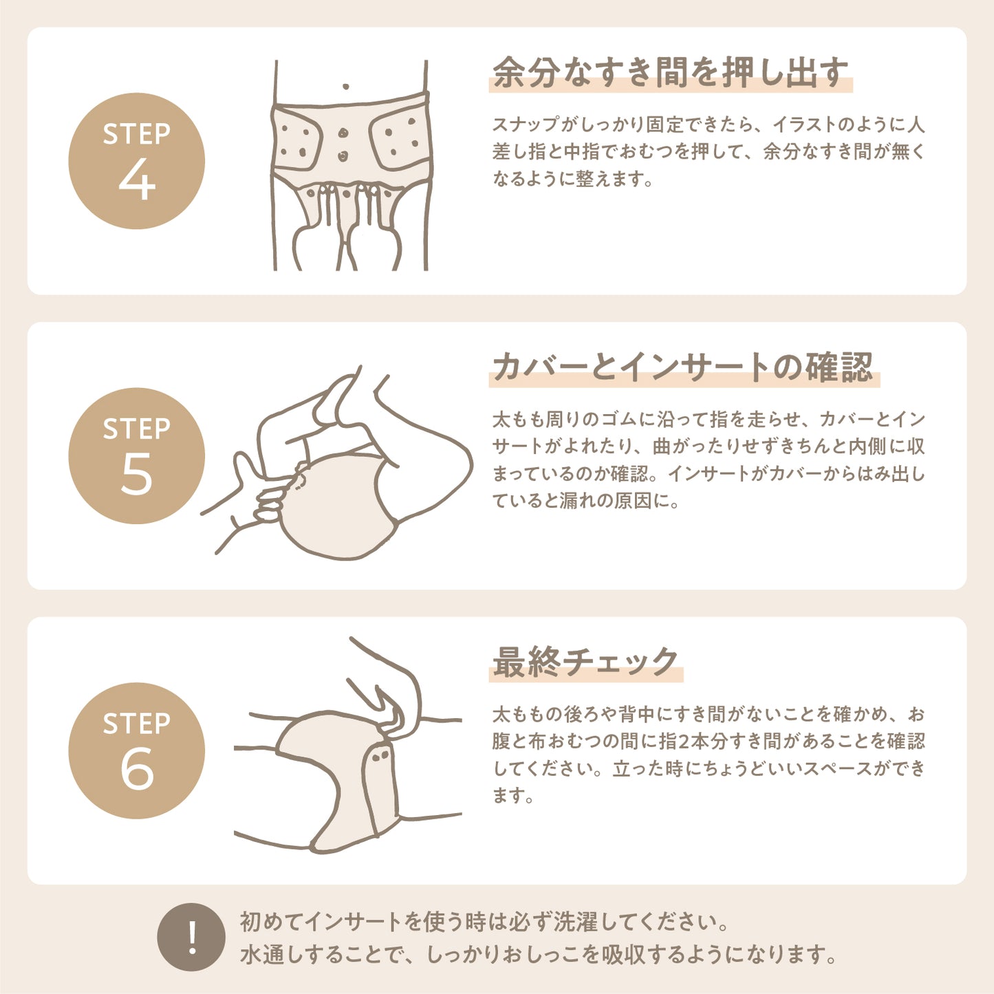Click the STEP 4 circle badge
(137, 161)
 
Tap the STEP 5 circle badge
(137, 456)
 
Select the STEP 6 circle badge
(137, 750)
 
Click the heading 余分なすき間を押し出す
(670, 73)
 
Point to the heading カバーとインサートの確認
(684, 367)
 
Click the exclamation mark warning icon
(191, 938)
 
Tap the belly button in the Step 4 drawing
(345, 87)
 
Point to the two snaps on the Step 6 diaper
(381, 756)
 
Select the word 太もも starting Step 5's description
(519, 420)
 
